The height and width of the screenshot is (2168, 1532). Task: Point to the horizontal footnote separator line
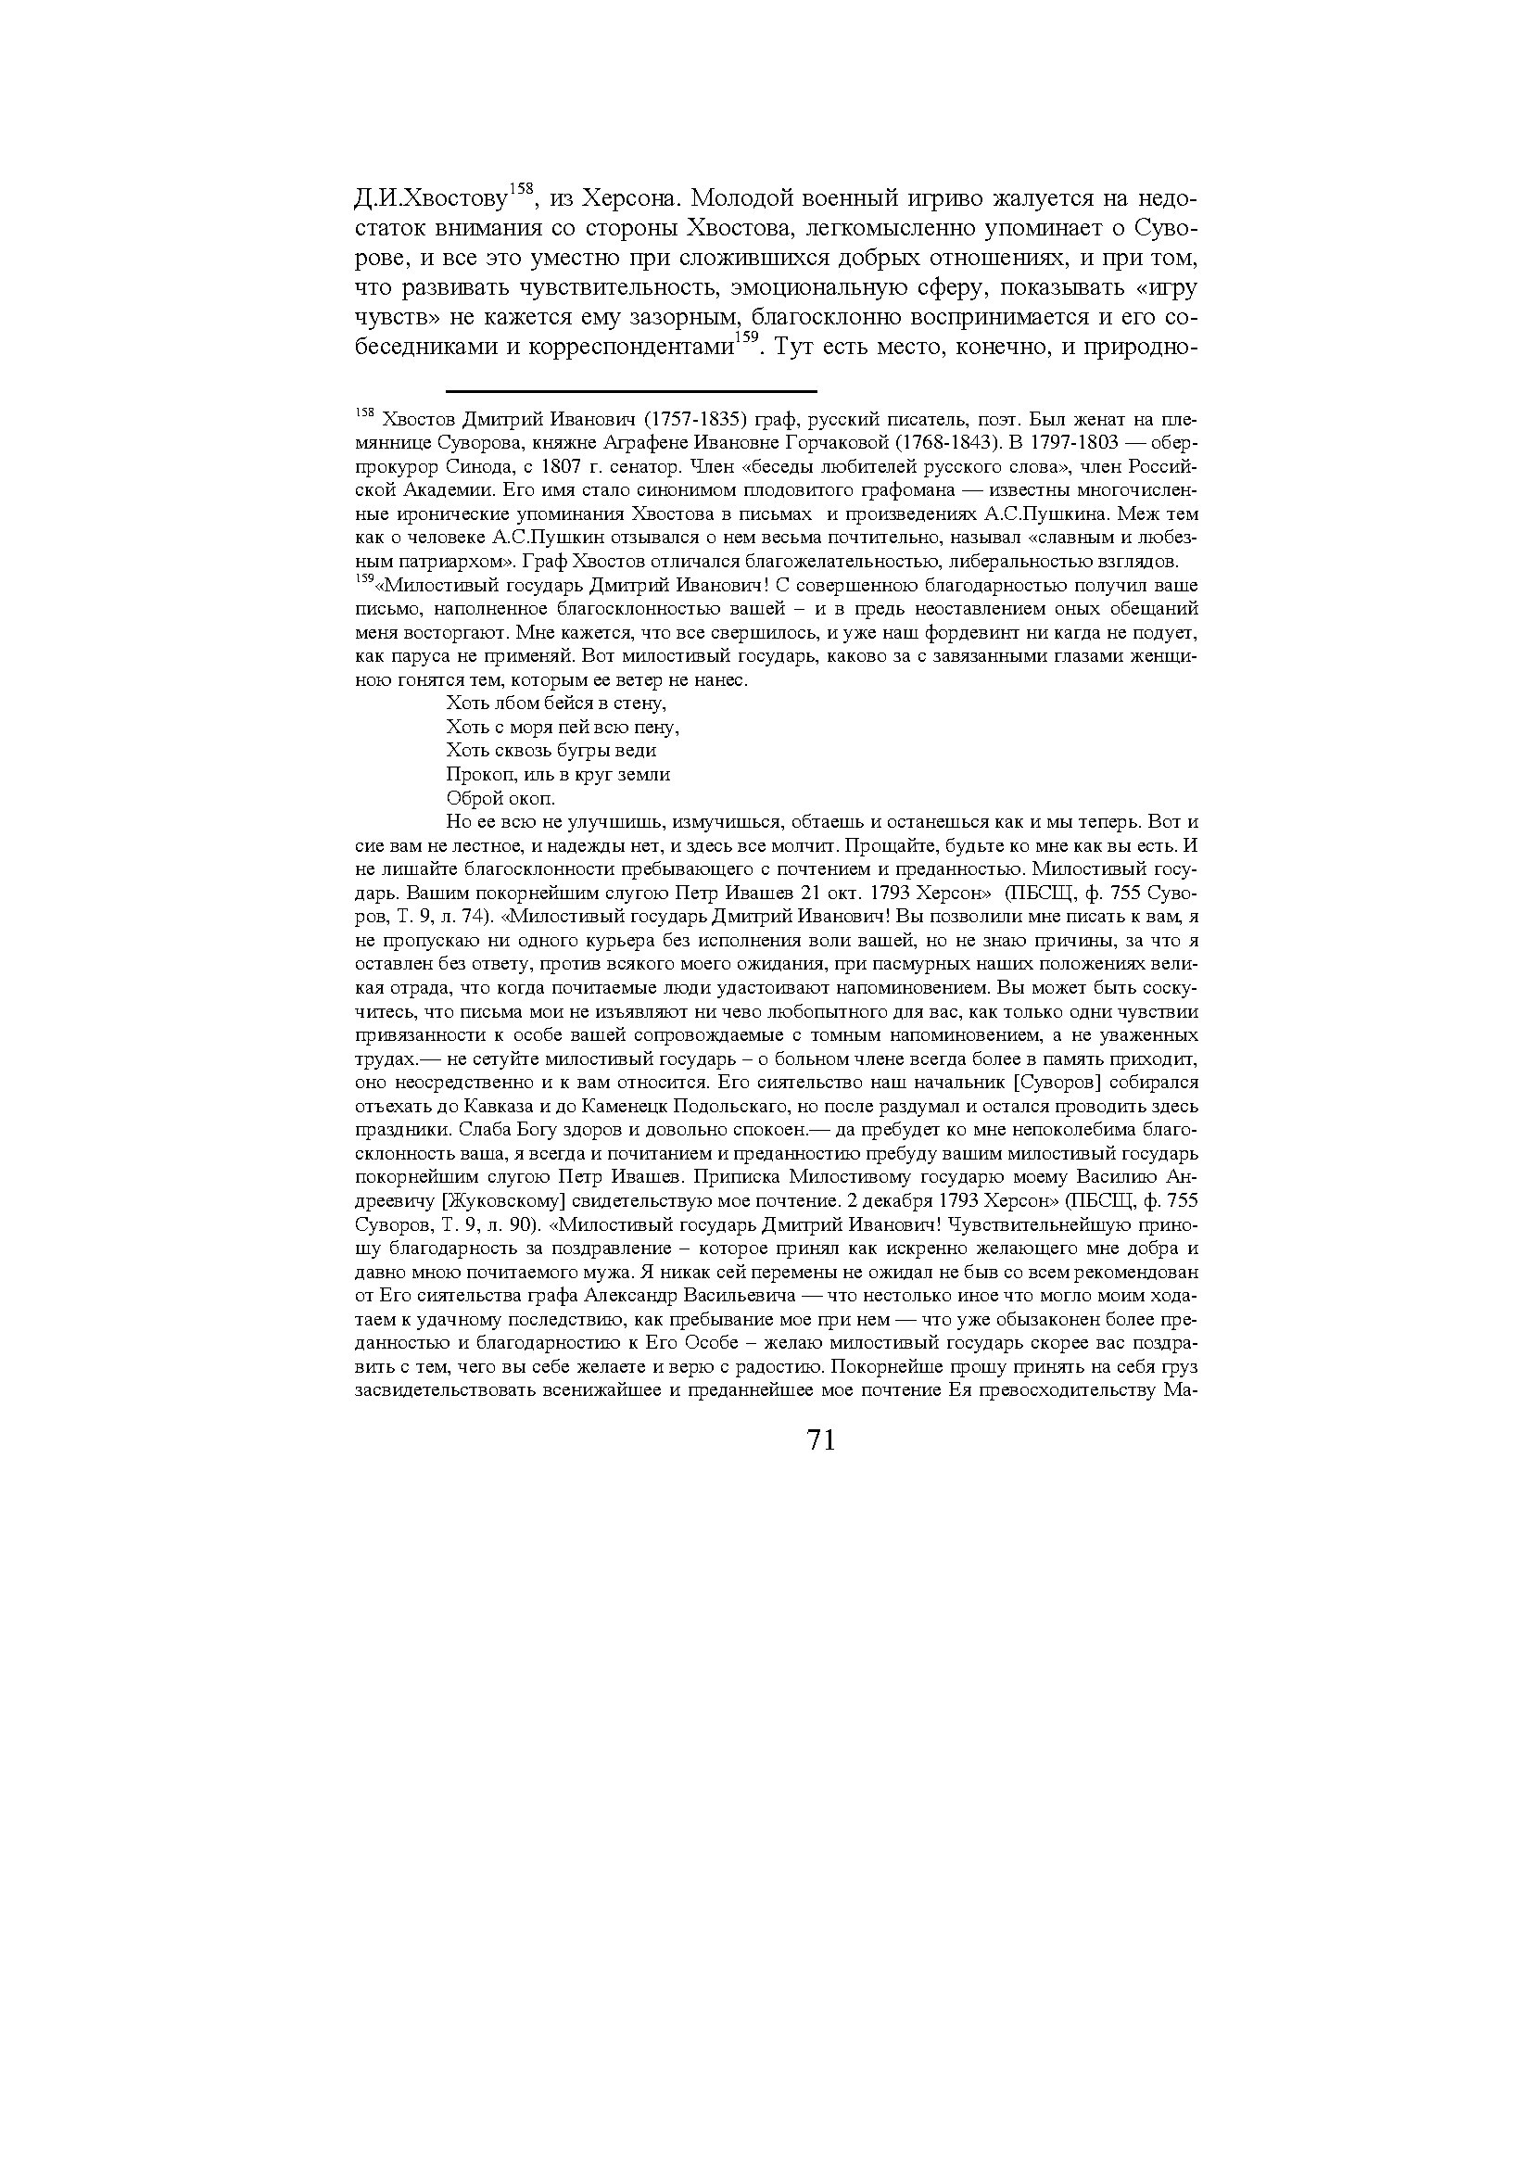point(630,390)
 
